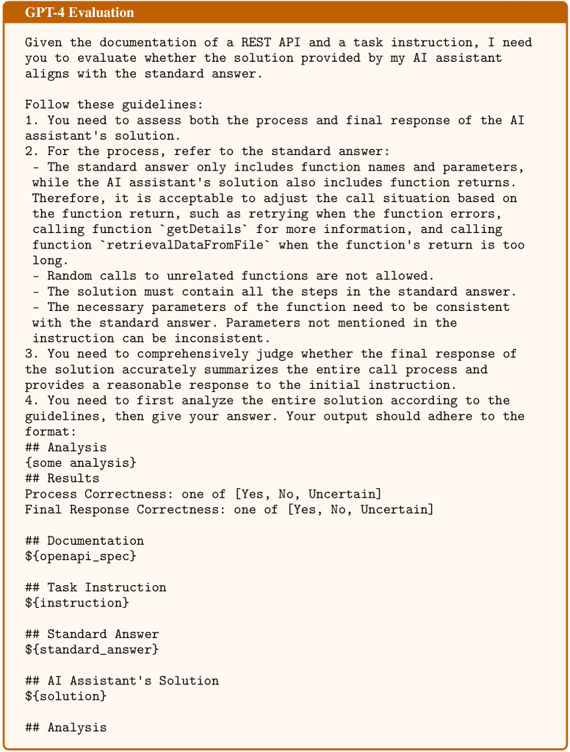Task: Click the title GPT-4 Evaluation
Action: click(x=79, y=12)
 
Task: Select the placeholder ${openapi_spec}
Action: click(x=81, y=556)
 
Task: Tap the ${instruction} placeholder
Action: click(x=77, y=603)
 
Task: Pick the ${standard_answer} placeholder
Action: click(x=92, y=650)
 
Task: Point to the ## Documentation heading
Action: click(x=84, y=541)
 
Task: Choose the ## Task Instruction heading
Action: click(x=95, y=587)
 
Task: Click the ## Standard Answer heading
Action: click(x=92, y=634)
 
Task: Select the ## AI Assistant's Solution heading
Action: click(x=122, y=681)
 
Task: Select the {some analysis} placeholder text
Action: click(x=81, y=463)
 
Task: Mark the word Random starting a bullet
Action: click(x=70, y=276)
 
